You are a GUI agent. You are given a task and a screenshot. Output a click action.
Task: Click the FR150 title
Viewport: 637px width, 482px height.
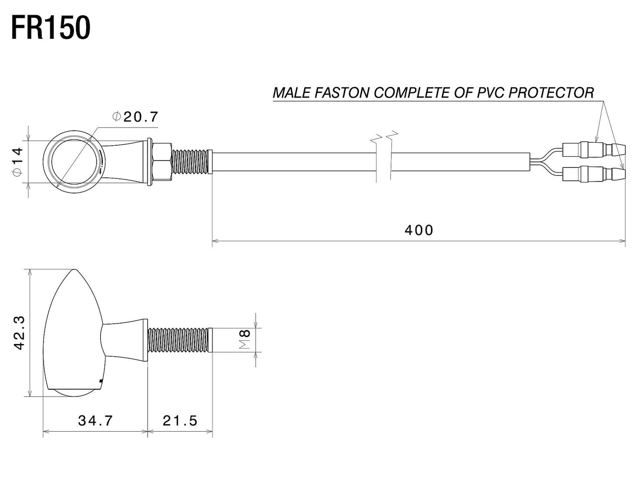[x=51, y=28]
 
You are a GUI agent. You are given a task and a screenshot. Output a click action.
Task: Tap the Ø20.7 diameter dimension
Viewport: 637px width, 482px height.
[x=135, y=116]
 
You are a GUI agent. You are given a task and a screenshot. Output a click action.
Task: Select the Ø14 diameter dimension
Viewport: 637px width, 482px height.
[x=17, y=162]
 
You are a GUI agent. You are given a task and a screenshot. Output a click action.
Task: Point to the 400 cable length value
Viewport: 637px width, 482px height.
[x=419, y=230]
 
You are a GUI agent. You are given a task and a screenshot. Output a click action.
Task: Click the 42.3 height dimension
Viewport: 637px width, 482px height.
[x=20, y=333]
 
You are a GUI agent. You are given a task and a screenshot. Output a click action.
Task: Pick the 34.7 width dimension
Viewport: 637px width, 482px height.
[x=95, y=421]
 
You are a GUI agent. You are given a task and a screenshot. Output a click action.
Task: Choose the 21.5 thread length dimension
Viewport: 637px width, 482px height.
[x=180, y=421]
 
